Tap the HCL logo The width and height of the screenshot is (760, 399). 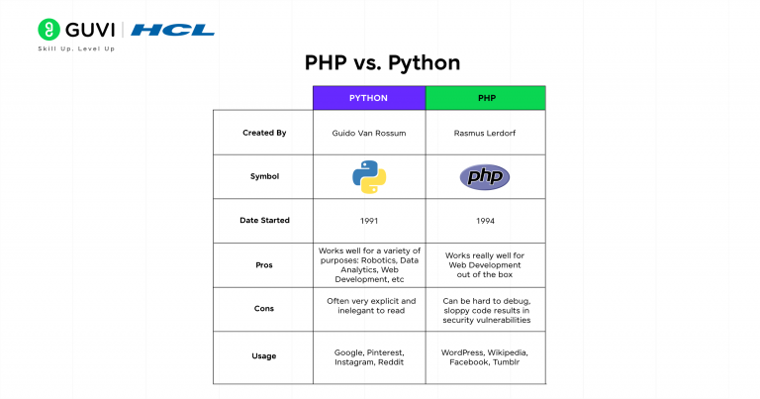pyautogui.click(x=173, y=30)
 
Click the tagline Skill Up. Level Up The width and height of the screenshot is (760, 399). pyautogui.click(x=76, y=49)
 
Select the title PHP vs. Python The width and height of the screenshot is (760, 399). pyautogui.click(x=382, y=63)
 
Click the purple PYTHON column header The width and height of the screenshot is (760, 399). pyautogui.click(x=368, y=98)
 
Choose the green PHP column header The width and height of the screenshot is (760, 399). pyautogui.click(x=485, y=98)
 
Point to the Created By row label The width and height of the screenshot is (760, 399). pyautogui.click(x=263, y=132)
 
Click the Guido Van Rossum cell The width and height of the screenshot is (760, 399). pyautogui.click(x=368, y=132)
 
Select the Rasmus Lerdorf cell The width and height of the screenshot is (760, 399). pyautogui.click(x=485, y=132)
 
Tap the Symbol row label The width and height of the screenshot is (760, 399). pyautogui.click(x=263, y=176)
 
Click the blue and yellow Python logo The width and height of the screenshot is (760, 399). pyautogui.click(x=368, y=176)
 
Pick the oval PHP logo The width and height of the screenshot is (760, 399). pyautogui.click(x=485, y=177)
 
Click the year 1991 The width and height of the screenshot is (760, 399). pyautogui.click(x=368, y=220)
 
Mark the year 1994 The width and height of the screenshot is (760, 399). pyautogui.click(x=485, y=220)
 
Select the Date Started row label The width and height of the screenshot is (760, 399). pyautogui.click(x=263, y=220)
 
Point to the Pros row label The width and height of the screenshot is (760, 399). pyautogui.click(x=263, y=264)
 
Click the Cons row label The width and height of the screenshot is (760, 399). pyautogui.click(x=263, y=307)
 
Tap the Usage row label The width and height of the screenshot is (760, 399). pyautogui.click(x=263, y=356)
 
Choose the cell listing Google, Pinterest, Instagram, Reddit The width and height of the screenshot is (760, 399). pyautogui.click(x=368, y=356)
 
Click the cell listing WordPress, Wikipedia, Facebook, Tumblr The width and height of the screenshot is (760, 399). pyautogui.click(x=485, y=356)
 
